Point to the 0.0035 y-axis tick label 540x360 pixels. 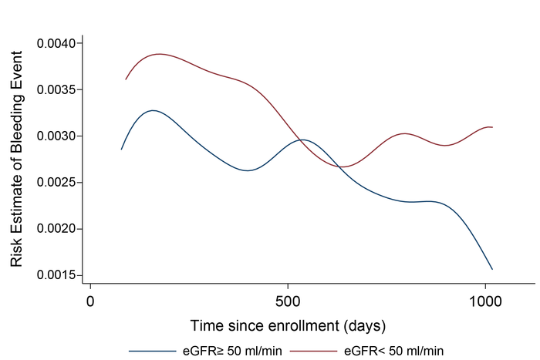click(x=56, y=89)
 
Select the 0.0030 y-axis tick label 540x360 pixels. click(x=56, y=136)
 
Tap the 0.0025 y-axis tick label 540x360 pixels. click(x=56, y=183)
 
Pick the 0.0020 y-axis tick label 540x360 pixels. click(x=56, y=229)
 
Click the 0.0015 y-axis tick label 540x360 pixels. click(x=56, y=275)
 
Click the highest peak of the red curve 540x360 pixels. click(x=159, y=54)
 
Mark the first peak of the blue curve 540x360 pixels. click(x=153, y=110)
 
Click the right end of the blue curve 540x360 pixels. click(x=492, y=269)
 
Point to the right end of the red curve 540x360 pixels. click(x=492, y=127)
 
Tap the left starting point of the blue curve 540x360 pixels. click(x=121, y=149)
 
